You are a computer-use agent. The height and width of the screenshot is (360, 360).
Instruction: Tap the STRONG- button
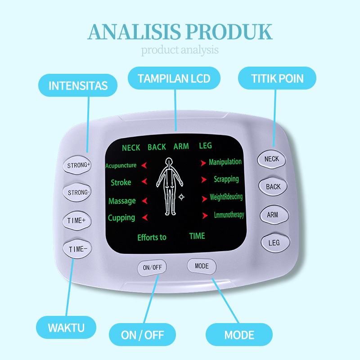tap(78, 193)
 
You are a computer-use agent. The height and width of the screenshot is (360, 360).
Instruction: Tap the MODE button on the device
tap(202, 266)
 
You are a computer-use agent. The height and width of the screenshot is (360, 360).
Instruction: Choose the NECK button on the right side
tap(272, 159)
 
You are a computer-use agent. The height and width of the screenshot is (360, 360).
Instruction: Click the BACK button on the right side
tap(273, 187)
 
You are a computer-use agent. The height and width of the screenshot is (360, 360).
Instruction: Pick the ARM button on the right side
tap(272, 215)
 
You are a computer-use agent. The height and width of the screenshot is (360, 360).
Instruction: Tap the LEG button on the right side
tap(274, 243)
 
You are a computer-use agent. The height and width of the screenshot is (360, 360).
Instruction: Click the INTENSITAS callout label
tap(78, 85)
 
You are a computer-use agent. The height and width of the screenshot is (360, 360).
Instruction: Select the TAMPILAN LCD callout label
tap(174, 79)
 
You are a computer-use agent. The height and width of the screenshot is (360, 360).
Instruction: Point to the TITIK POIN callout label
tap(277, 79)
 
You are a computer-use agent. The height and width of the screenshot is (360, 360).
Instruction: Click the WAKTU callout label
tap(66, 327)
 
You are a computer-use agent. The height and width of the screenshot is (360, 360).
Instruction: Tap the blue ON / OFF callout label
tap(142, 335)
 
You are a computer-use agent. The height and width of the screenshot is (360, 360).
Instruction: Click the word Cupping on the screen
tap(121, 218)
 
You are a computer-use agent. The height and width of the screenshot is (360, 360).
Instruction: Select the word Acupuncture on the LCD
tap(121, 166)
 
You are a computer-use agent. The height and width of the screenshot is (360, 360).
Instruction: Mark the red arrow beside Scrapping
tap(204, 180)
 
